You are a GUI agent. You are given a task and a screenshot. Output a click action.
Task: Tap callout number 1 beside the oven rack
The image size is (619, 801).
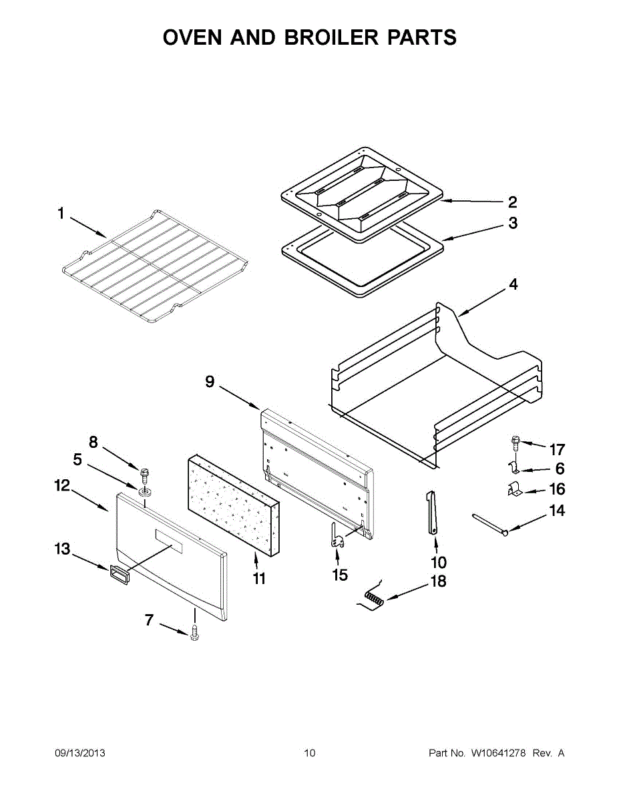click(61, 214)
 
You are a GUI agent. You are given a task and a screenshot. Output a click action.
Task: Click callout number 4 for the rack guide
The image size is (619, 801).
click(513, 284)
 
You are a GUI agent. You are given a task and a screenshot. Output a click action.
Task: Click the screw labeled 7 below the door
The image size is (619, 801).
click(194, 632)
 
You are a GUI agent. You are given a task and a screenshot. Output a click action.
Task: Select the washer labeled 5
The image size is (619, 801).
click(145, 493)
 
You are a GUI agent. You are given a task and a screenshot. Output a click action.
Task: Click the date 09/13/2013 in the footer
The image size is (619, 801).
click(79, 753)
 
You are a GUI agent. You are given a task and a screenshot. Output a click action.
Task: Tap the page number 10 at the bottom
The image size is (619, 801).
click(309, 753)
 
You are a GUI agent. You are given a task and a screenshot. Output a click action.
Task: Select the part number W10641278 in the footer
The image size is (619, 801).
click(498, 753)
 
